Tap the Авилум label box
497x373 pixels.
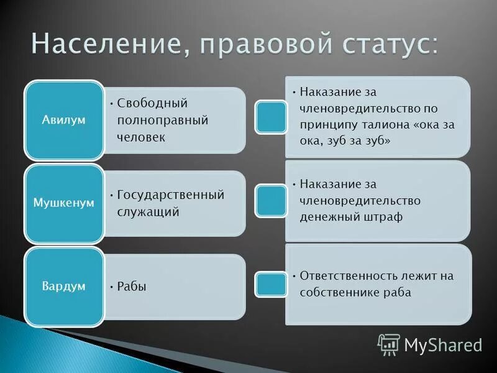[x=63, y=119]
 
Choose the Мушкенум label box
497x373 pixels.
[x=63, y=203]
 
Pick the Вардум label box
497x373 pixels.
[x=63, y=287]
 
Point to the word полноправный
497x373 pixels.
[x=162, y=120]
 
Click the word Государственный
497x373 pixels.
[x=171, y=195]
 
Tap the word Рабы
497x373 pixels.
[x=132, y=287]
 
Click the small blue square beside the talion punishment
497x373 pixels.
[x=271, y=116]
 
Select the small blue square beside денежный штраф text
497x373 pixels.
[x=271, y=200]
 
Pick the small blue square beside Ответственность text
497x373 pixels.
[x=271, y=284]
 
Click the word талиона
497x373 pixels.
[x=385, y=124]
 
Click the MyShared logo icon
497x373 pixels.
[x=389, y=344]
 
